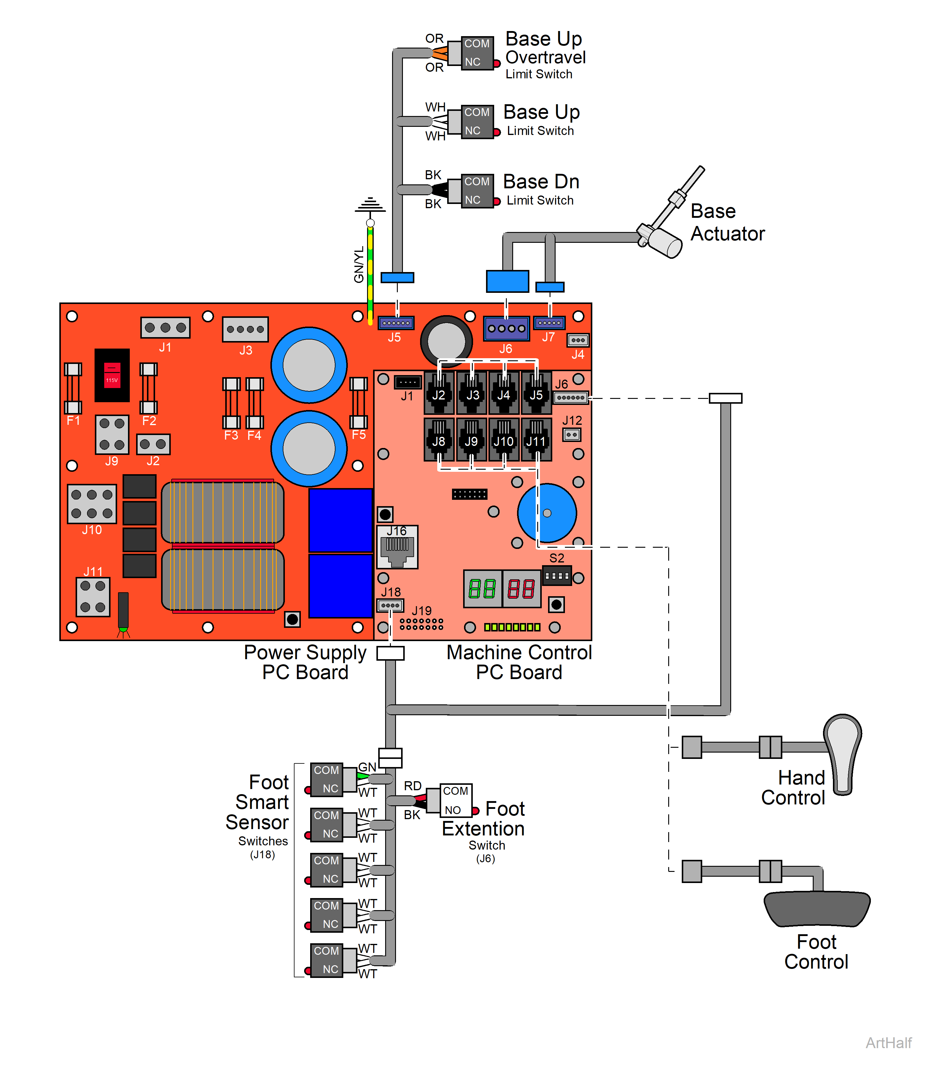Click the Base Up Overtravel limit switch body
click(x=476, y=52)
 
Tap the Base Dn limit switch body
click(x=476, y=191)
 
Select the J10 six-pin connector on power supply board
click(x=92, y=503)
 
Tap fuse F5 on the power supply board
click(x=358, y=403)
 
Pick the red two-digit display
click(x=522, y=589)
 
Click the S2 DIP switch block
click(x=556, y=576)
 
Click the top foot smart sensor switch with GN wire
click(x=327, y=779)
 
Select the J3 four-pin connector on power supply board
click(x=245, y=329)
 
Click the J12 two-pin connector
click(x=572, y=434)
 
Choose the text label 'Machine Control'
click(x=519, y=652)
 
